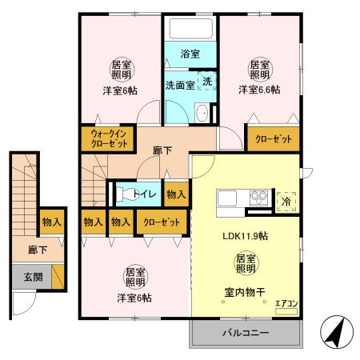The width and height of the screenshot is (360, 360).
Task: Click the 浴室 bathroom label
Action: [190, 54]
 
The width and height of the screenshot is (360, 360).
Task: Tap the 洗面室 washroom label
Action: [181, 83]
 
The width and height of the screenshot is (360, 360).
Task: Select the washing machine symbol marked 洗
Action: [207, 82]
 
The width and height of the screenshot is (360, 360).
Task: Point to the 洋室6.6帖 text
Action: [258, 90]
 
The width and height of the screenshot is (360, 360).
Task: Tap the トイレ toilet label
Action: [144, 193]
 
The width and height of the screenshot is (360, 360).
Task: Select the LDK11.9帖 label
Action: [244, 236]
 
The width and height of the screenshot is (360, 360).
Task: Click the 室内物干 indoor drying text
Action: [246, 294]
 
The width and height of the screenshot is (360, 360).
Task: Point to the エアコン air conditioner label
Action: [285, 303]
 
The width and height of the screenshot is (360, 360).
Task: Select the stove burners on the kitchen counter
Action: [258, 197]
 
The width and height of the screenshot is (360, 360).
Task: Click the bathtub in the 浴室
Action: [190, 29]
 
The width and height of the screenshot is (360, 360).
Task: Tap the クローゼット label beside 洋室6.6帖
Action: [274, 138]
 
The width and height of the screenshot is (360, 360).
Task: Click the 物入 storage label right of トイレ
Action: [176, 193]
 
